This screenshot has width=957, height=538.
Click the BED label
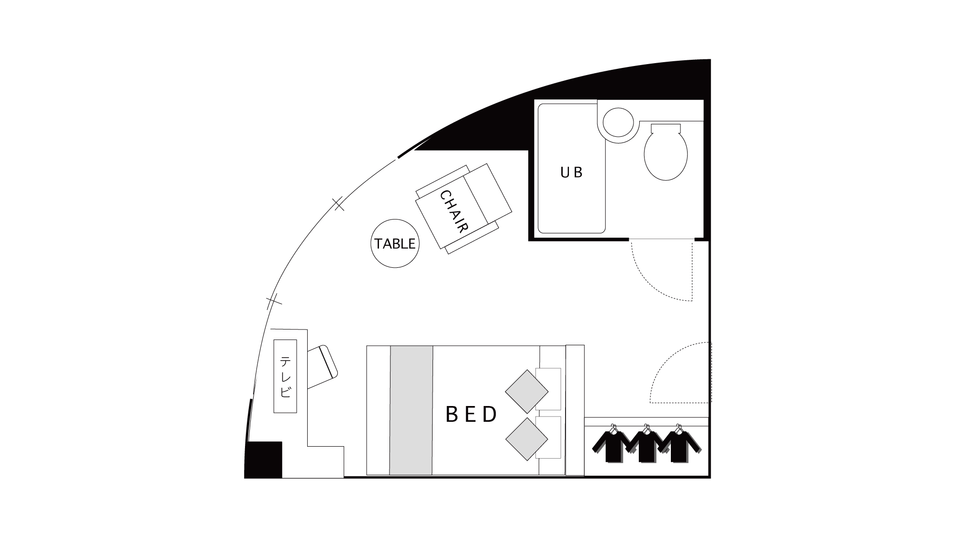pyautogui.click(x=472, y=415)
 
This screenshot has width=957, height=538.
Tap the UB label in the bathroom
pyautogui.click(x=571, y=172)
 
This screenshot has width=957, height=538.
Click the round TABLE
pyautogui.click(x=395, y=243)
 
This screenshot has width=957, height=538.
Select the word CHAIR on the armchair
pyautogui.click(x=453, y=211)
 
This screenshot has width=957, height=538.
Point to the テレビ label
pyautogui.click(x=285, y=377)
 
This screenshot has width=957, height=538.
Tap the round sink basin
pyautogui.click(x=618, y=122)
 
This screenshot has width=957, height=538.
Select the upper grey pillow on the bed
pyautogui.click(x=527, y=391)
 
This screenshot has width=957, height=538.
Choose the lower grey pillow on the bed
pyautogui.click(x=527, y=439)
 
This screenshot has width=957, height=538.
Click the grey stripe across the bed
pyautogui.click(x=412, y=410)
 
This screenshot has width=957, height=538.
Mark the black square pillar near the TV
pyautogui.click(x=264, y=459)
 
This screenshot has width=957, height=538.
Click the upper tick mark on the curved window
pyautogui.click(x=339, y=204)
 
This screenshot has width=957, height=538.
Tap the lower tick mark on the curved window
pyautogui.click(x=274, y=301)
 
